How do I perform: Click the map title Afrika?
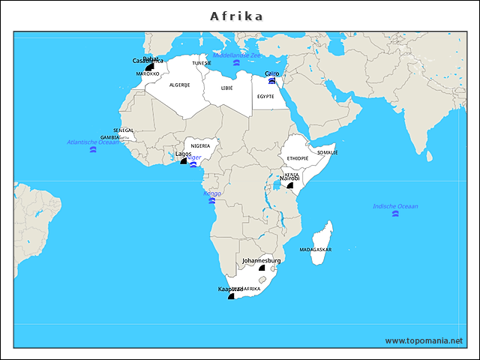[236, 16]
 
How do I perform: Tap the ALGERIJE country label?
[179, 85]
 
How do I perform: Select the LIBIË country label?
[226, 88]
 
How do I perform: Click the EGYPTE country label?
[265, 96]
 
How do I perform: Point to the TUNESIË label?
[202, 63]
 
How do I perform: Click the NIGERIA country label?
[200, 145]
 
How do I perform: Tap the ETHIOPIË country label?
[297, 158]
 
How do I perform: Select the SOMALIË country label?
[328, 152]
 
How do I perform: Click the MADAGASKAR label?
[316, 249]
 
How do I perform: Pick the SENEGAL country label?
[124, 130]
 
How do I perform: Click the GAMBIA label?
[110, 138]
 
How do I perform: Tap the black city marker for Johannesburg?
[262, 268]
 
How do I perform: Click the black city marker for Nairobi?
[289, 184]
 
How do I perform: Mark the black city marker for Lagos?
[183, 160]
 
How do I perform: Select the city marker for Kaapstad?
[231, 295]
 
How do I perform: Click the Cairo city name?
[272, 73]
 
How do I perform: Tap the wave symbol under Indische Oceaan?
[395, 214]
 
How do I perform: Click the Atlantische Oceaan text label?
[93, 142]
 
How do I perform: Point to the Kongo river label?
[212, 193]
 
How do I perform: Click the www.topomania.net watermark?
[424, 340]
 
